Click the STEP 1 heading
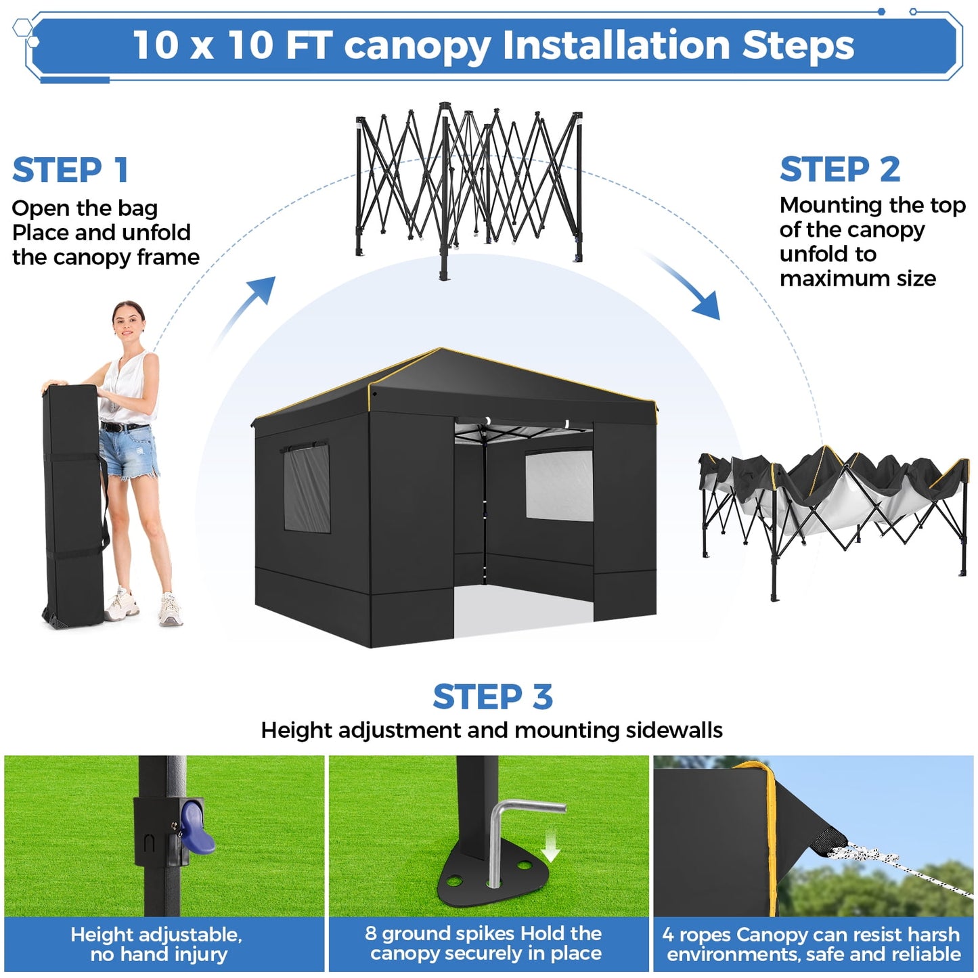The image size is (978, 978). pos(70,170)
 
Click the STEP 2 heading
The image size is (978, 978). pos(839,169)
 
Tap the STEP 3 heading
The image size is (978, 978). pos(493,697)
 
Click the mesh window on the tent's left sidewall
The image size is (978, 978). pos(307,487)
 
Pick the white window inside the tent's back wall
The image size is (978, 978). pos(559,485)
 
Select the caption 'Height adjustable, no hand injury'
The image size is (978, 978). pos(157,944)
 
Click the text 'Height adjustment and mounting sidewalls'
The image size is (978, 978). pos(491,730)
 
